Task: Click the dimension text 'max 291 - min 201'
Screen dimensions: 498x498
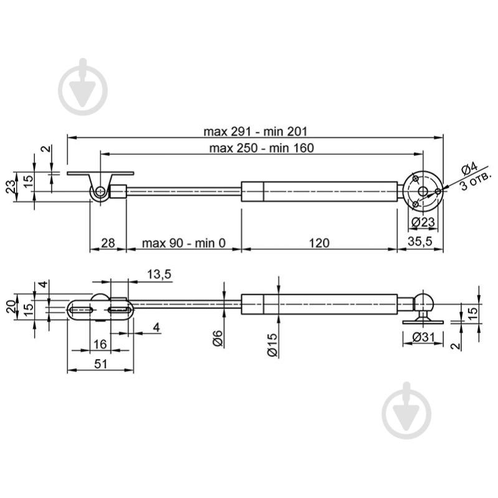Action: (256, 131)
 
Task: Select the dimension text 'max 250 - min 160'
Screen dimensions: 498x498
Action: (261, 148)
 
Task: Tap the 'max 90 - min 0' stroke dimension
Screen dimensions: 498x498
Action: (184, 243)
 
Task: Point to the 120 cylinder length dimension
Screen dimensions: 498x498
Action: (319, 243)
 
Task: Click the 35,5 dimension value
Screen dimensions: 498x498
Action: (420, 241)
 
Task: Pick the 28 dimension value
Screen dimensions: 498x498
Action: (108, 243)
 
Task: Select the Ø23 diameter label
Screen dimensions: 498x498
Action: (423, 222)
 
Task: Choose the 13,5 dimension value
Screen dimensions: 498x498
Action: (159, 274)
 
